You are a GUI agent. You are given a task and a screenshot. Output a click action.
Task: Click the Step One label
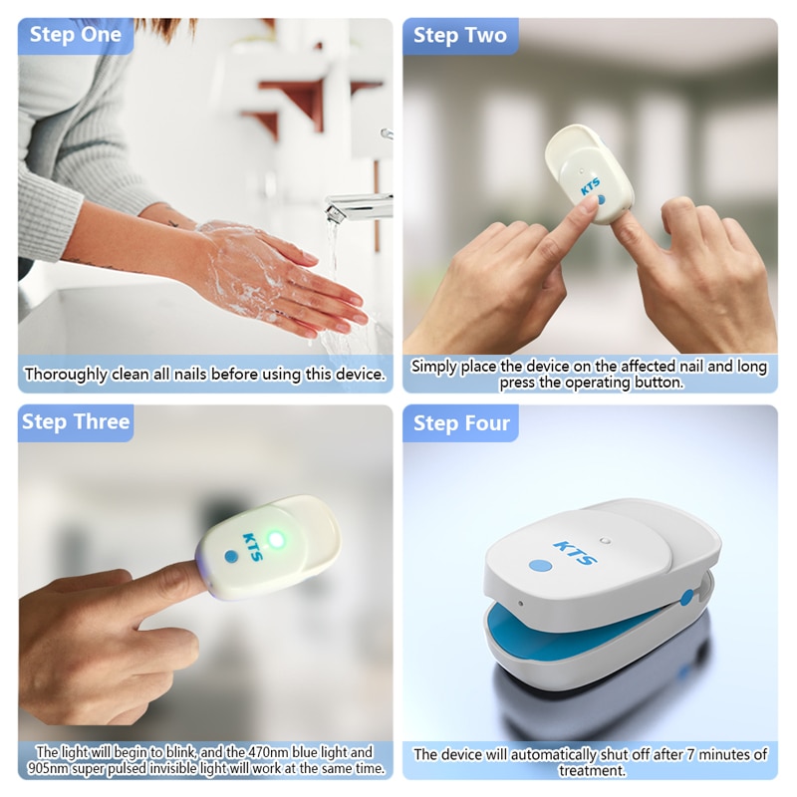(x=75, y=35)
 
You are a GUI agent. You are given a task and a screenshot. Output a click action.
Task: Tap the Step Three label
(x=76, y=421)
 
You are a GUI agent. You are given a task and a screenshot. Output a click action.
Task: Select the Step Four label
(x=461, y=423)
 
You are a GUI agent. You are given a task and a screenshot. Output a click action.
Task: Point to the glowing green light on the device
(x=276, y=539)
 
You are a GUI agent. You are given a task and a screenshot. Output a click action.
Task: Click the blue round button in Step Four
(x=540, y=565)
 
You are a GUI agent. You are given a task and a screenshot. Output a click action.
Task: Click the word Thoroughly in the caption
(x=66, y=375)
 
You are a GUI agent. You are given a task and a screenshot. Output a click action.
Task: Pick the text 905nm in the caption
(x=59, y=770)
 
